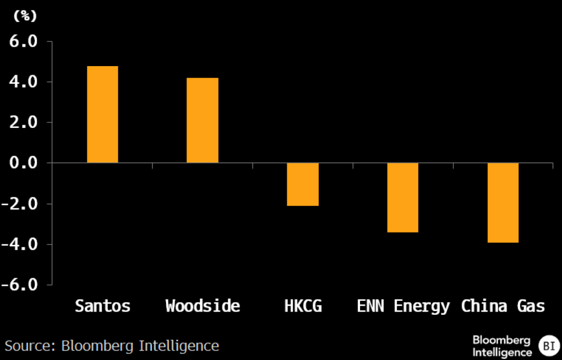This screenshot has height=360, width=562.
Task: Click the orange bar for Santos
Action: (x=103, y=114)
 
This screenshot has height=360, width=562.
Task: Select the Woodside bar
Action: (x=202, y=120)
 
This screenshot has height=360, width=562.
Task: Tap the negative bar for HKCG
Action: (x=303, y=185)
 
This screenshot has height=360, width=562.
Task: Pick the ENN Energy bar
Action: (x=403, y=198)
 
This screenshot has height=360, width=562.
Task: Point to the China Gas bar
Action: (x=503, y=203)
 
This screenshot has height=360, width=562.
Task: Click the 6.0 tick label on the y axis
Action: (x=23, y=42)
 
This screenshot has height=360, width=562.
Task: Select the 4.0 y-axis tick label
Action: (x=23, y=82)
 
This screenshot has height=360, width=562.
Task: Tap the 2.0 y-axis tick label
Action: (x=23, y=122)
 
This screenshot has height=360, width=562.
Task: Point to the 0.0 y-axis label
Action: (x=23, y=163)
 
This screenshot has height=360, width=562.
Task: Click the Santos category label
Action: (x=103, y=306)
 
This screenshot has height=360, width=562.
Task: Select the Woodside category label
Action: (x=203, y=306)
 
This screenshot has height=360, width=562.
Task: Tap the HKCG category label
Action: (x=303, y=306)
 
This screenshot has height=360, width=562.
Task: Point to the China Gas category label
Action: (x=503, y=306)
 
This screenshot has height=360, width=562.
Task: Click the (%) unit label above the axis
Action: (x=25, y=16)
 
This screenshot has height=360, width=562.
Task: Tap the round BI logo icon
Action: (x=549, y=346)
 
